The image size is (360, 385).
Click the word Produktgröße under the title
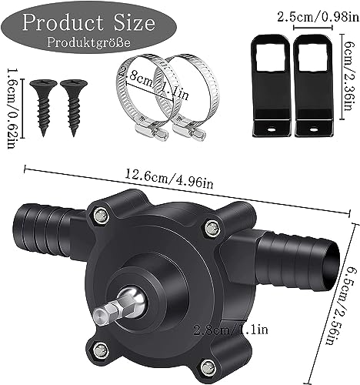tap(88, 42)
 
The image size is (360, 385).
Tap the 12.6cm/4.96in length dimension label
tap(169, 178)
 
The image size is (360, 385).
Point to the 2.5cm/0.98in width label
tap(318, 18)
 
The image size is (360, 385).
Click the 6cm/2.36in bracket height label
tap(349, 76)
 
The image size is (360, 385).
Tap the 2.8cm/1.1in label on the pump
tap(231, 330)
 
